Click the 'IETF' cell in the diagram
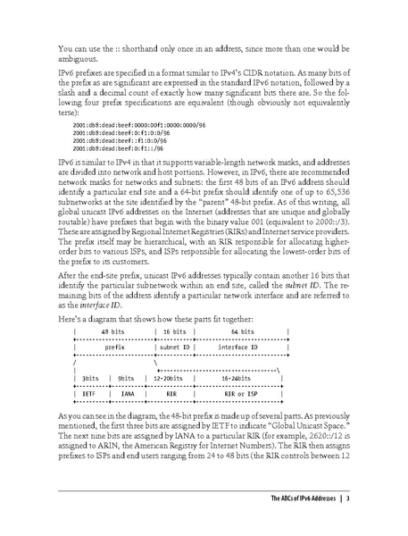88,392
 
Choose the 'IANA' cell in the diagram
128,392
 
